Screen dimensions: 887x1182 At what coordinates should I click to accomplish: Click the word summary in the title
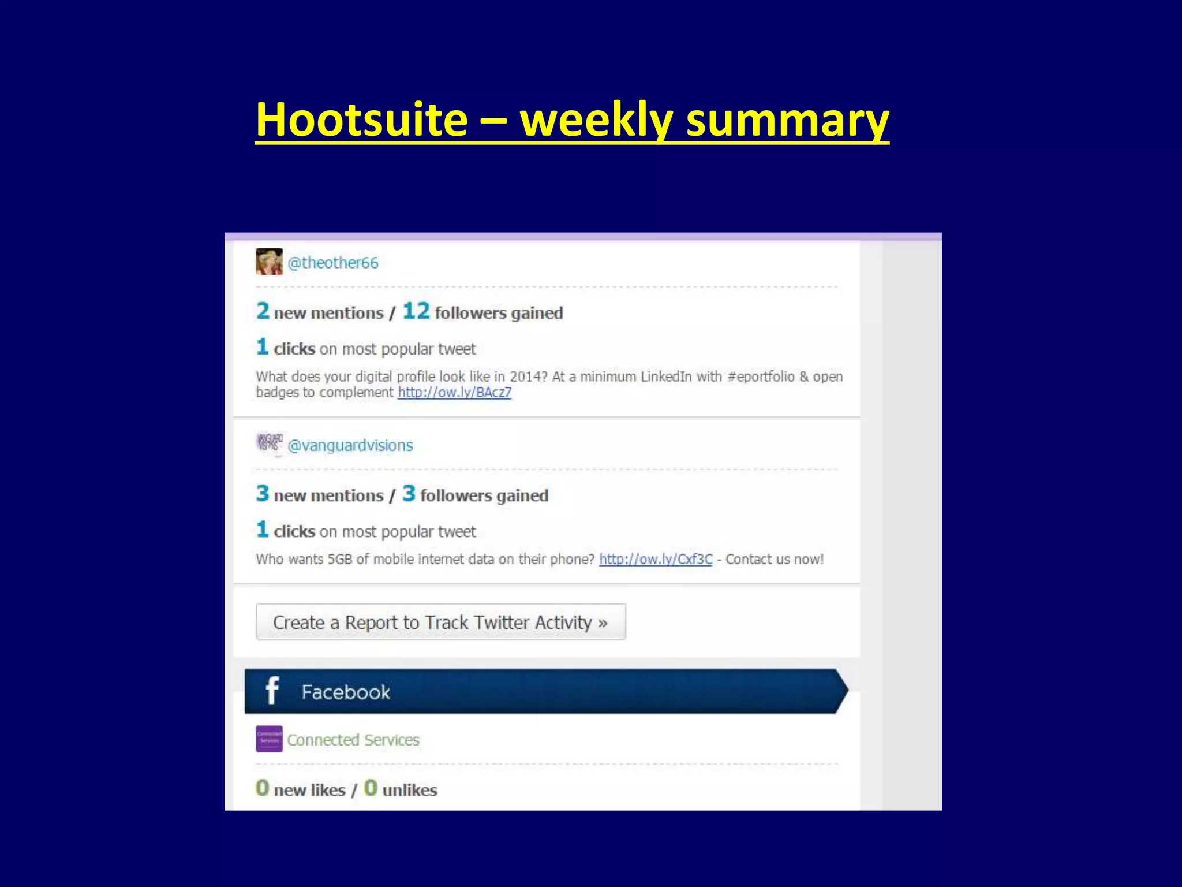pyautogui.click(x=787, y=120)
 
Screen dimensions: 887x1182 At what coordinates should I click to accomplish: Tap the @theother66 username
pyautogui.click(x=333, y=263)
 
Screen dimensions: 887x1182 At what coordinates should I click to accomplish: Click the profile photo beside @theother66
pyautogui.click(x=269, y=262)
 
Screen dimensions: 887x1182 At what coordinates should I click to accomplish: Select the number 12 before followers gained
pyautogui.click(x=416, y=311)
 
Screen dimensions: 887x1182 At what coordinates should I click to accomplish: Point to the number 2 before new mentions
pyautogui.click(x=263, y=311)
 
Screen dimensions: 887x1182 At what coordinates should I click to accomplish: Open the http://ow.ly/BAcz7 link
pyautogui.click(x=454, y=393)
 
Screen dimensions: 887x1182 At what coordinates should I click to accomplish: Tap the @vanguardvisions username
pyautogui.click(x=350, y=445)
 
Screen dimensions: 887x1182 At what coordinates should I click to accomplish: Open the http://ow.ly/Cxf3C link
pyautogui.click(x=656, y=559)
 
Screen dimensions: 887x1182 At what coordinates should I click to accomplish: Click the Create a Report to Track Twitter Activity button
pyautogui.click(x=440, y=622)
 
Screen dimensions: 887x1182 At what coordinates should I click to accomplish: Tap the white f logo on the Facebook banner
pyautogui.click(x=272, y=691)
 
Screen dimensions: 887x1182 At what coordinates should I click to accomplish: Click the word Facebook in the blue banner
pyautogui.click(x=346, y=692)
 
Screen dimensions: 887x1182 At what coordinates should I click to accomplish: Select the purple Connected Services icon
pyautogui.click(x=269, y=739)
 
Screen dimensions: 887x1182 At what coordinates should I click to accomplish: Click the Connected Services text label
pyautogui.click(x=353, y=740)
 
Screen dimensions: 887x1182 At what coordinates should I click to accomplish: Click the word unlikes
pyautogui.click(x=410, y=790)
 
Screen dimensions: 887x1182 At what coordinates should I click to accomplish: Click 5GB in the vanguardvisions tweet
pyautogui.click(x=339, y=559)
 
